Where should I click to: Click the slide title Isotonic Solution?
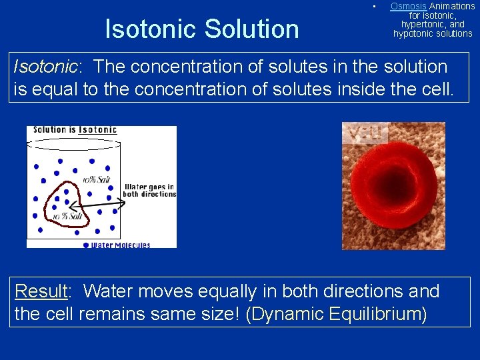pos(202,29)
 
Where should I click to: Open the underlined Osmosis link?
pos(408,6)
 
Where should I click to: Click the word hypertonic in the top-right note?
pos(432,24)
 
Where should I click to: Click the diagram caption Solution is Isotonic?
pos(75,129)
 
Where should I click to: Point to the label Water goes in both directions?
pos(150,191)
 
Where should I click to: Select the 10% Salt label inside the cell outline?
pos(67,217)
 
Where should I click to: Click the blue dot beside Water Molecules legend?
pos(85,245)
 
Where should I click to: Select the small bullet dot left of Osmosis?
pos(375,7)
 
